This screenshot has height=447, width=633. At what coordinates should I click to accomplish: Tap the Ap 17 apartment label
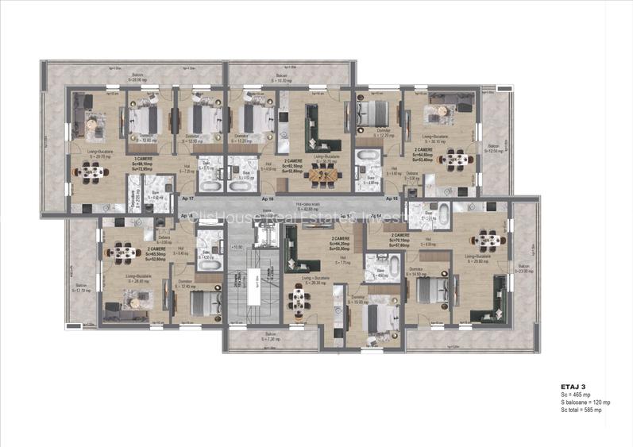[x=187, y=198]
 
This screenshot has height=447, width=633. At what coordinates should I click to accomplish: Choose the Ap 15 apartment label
[x=391, y=198]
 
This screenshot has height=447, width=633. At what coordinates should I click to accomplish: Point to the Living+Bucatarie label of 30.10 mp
[x=423, y=141]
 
